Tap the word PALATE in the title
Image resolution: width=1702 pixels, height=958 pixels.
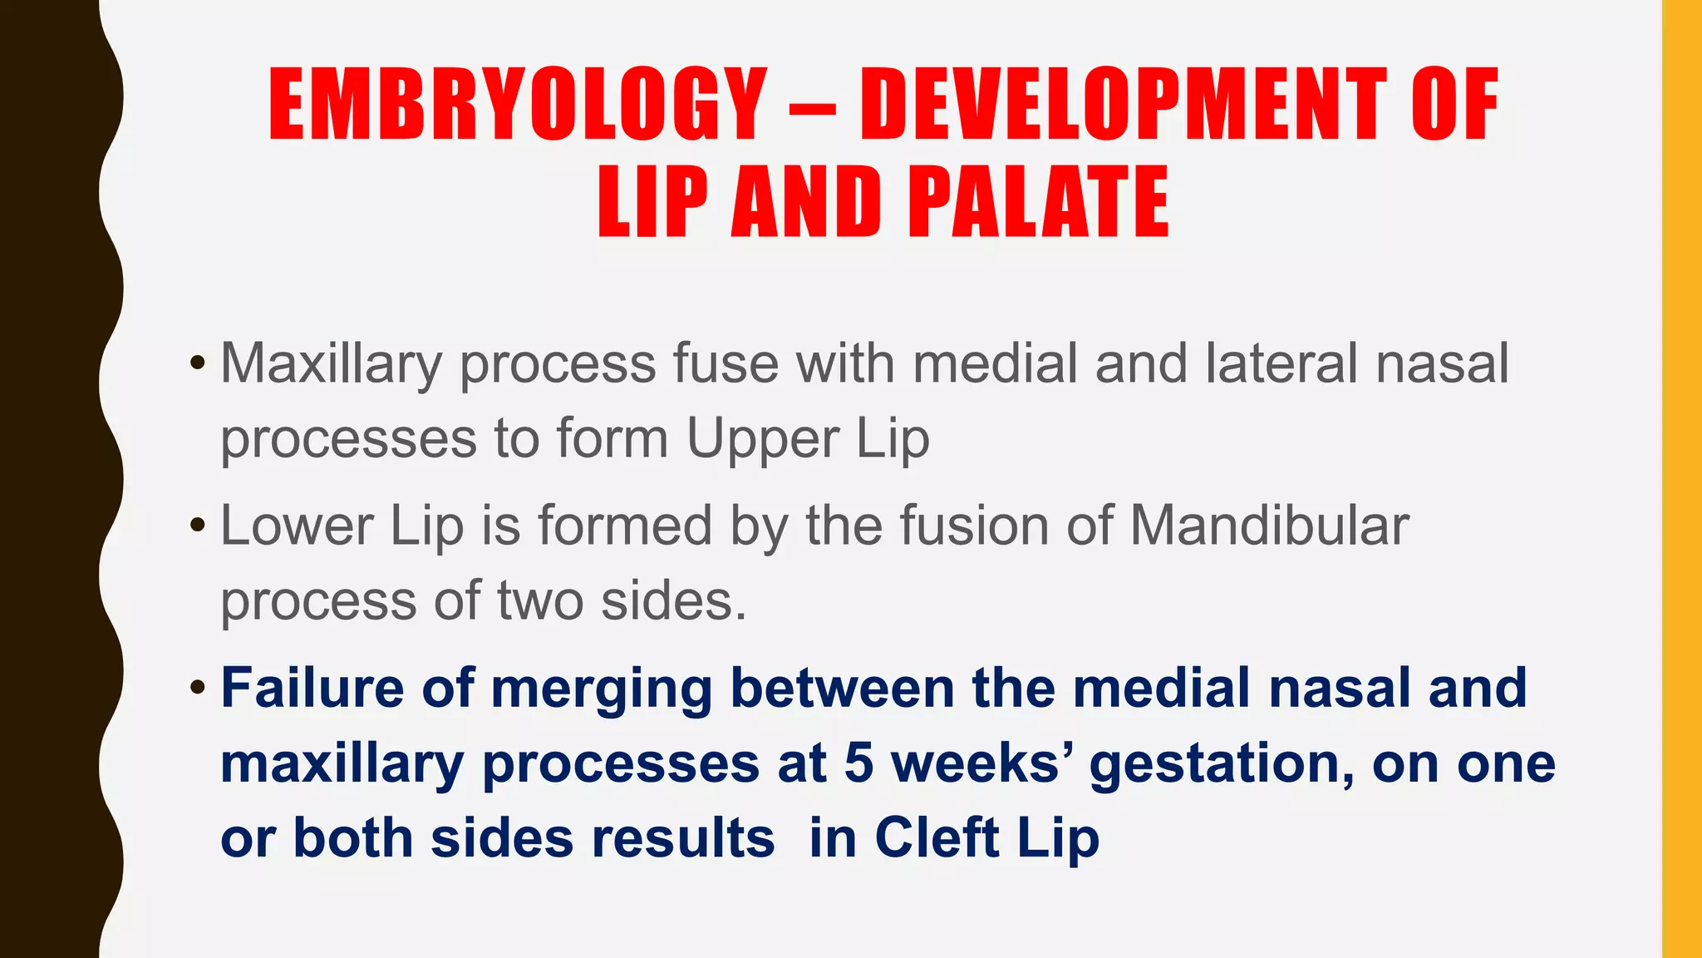point(1039,202)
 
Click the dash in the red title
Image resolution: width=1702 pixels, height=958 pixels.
point(812,108)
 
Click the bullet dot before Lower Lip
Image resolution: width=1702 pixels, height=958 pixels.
point(197,526)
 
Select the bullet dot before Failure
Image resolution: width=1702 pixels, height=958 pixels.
point(197,688)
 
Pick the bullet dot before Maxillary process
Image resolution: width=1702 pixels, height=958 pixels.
point(197,363)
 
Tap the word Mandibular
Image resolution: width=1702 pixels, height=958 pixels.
point(1269,526)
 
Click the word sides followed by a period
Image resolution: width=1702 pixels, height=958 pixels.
point(673,600)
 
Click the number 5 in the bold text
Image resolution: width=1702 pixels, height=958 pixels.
point(858,763)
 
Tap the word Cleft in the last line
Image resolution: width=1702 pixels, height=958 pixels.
point(937,838)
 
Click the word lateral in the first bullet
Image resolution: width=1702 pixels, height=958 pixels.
point(1281,363)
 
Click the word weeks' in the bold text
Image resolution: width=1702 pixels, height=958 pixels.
point(981,763)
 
